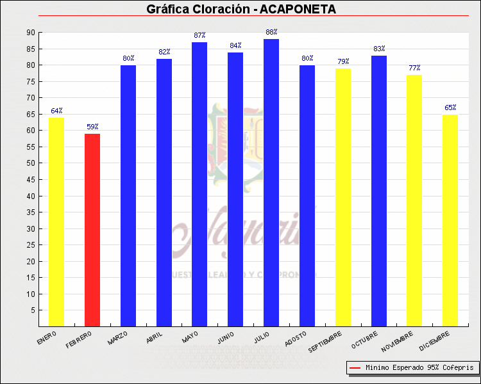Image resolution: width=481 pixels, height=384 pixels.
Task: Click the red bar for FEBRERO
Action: [x=92, y=230]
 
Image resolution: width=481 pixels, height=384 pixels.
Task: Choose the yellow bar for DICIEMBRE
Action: [x=450, y=220]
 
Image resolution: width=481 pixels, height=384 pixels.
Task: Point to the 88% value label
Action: [x=271, y=32]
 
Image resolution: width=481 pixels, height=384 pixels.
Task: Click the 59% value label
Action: [x=92, y=127]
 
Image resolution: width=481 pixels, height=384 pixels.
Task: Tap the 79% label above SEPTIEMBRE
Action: [x=343, y=61]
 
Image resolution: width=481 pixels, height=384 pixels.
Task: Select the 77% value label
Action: [x=414, y=68]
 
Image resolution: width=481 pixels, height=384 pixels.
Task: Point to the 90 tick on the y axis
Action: [x=31, y=33]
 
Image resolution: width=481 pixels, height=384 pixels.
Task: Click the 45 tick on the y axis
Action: [x=31, y=180]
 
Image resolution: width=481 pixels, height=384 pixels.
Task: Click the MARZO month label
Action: [x=118, y=337]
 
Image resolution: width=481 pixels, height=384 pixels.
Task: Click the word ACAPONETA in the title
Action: [x=298, y=9]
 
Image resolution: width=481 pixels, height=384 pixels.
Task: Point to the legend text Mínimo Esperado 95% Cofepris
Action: [x=419, y=368]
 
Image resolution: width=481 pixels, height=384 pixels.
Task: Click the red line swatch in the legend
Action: [x=355, y=368]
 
